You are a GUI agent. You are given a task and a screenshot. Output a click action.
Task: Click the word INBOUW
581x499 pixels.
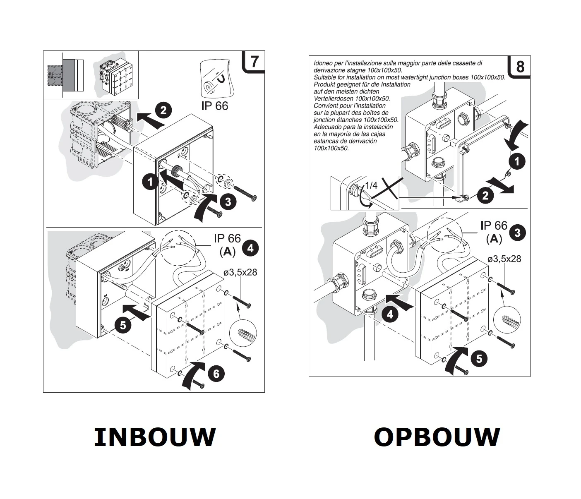click(x=155, y=437)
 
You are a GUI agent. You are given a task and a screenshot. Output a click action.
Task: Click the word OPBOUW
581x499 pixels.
click(x=437, y=437)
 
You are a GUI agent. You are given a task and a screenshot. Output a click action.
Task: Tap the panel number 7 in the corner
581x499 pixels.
click(x=254, y=61)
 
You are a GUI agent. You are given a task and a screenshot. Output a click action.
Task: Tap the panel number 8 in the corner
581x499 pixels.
click(x=520, y=67)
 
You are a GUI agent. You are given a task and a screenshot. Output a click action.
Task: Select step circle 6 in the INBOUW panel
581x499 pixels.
click(x=216, y=374)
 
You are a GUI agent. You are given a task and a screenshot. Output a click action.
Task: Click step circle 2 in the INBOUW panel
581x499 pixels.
click(x=163, y=110)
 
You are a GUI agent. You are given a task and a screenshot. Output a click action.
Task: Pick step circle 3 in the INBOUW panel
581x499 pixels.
click(x=228, y=202)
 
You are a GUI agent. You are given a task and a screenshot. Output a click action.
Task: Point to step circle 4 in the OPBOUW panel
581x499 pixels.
click(x=389, y=315)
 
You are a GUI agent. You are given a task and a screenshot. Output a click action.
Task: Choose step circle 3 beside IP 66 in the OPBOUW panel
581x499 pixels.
click(x=517, y=233)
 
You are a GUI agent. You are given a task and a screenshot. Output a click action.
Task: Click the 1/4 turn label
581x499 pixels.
click(x=371, y=185)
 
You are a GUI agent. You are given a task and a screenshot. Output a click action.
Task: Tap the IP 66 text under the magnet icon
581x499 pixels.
click(x=214, y=106)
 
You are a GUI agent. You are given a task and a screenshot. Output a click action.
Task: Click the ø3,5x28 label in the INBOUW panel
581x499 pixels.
click(x=240, y=272)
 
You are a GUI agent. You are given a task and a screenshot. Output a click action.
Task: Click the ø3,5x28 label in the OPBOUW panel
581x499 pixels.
click(x=504, y=259)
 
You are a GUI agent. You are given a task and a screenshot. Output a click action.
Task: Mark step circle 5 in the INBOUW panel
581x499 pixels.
click(x=123, y=325)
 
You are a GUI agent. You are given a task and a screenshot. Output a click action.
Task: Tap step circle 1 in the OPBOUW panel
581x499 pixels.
click(x=517, y=161)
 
